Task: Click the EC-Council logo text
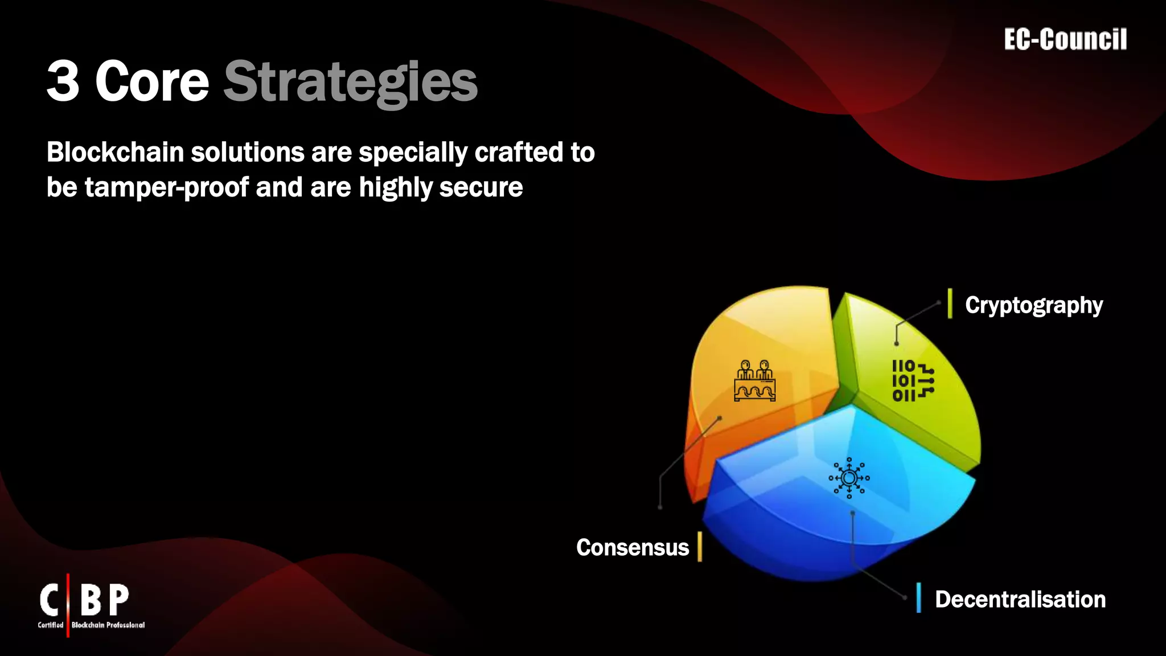pos(1065,40)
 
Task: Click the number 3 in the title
pos(63,81)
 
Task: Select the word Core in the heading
pos(152,81)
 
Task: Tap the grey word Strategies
pos(350,83)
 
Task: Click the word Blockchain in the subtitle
pos(115,153)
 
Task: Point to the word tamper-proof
pos(167,187)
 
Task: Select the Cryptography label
pos(1033,305)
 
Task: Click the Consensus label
pos(632,547)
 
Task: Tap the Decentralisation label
pos(1020,599)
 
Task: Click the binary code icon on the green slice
pos(912,380)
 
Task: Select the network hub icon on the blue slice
pos(849,478)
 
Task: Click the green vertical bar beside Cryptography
pos(950,304)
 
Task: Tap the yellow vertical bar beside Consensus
pos(700,547)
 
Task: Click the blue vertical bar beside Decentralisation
pos(918,597)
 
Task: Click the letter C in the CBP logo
pos(50,600)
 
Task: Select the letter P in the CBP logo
pos(118,600)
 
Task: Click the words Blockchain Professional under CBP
pos(108,625)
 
